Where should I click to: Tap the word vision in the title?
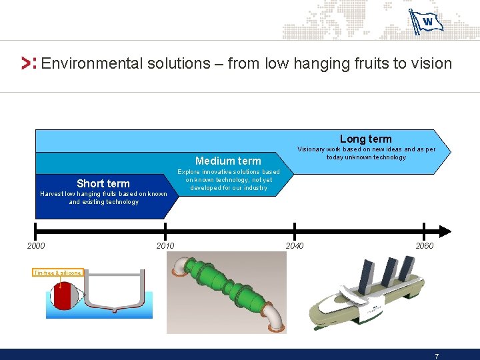coord(431,64)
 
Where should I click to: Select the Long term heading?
coord(366,139)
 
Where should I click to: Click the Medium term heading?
coord(228,161)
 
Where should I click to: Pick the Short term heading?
coord(103,183)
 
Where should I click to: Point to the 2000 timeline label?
coord(36,246)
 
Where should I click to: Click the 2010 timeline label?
coord(165,246)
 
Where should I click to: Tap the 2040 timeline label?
coord(295,246)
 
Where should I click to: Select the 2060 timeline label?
coord(424,246)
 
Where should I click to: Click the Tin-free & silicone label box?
coord(58,273)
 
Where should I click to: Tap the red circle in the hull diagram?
coord(65,295)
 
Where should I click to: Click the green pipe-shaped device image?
coord(227,293)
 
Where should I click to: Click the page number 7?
coord(436,355)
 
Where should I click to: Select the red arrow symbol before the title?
coord(29,64)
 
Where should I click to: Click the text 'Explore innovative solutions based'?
coord(228,172)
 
